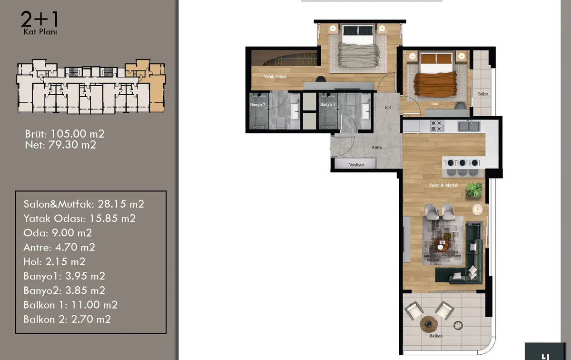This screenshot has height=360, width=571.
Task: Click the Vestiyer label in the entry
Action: [356, 165]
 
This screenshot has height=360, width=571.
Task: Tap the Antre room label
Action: [377, 147]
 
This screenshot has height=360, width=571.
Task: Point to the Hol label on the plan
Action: [388, 107]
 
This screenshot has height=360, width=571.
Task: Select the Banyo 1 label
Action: [328, 104]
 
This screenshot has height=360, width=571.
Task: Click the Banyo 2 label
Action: [258, 105]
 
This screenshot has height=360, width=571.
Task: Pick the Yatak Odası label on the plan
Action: [275, 77]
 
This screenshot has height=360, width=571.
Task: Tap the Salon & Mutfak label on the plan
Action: [443, 185]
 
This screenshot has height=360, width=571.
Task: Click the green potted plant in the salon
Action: [474, 190]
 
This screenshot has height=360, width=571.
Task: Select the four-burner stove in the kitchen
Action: [437, 126]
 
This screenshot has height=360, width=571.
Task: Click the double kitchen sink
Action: [469, 126]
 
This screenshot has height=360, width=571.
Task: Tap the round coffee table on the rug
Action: [442, 245]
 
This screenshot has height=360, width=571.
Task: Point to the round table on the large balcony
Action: [429, 324]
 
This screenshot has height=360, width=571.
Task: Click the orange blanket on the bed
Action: [434, 85]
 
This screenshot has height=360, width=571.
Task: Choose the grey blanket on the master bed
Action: [359, 55]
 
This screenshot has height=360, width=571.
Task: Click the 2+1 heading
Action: [39, 19]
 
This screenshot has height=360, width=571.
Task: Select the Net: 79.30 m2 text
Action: [60, 145]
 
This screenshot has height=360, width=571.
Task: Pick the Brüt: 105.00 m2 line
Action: [65, 134]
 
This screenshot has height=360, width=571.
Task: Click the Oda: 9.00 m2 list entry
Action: [58, 233]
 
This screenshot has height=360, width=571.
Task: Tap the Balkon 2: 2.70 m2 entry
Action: [67, 320]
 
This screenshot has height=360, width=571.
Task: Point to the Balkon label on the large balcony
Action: [436, 336]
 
